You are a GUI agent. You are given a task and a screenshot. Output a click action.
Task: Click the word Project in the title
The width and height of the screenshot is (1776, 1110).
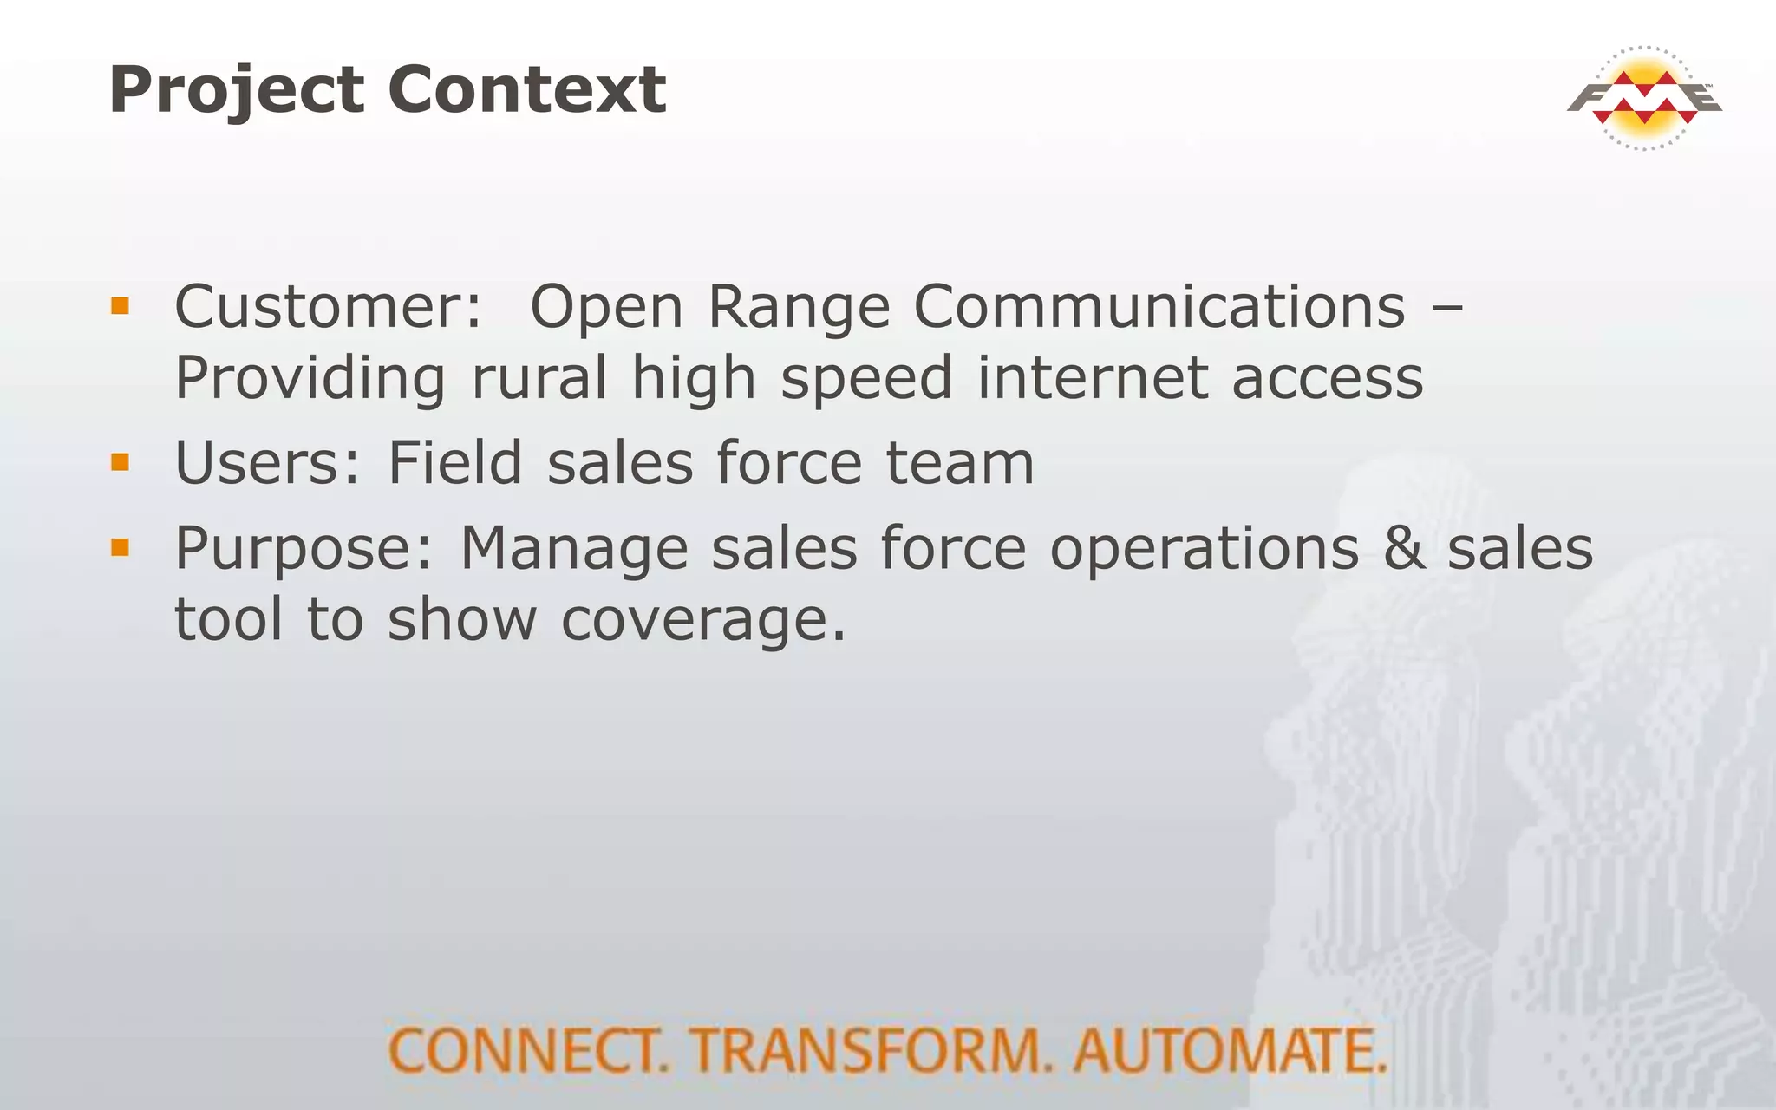pos(236,90)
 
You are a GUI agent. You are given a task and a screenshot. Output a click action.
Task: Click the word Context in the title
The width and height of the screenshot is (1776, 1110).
pos(526,90)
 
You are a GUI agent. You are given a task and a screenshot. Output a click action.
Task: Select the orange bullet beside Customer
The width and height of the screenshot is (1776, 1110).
pos(120,305)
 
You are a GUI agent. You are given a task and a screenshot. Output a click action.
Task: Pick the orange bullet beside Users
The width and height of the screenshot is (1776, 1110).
pos(120,461)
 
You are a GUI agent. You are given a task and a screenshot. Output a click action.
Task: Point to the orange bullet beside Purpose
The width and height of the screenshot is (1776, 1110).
pos(120,547)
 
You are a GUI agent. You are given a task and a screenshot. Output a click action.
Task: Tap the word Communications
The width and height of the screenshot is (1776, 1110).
pos(1159,307)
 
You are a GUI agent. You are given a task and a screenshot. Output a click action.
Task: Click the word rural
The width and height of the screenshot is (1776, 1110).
pos(539,378)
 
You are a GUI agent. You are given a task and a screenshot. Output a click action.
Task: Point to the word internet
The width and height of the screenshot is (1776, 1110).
pos(1092,378)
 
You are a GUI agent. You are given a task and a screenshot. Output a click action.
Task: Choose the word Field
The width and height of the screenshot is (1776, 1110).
pos(454,462)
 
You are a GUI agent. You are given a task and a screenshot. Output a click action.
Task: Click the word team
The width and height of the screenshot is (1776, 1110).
pos(959,463)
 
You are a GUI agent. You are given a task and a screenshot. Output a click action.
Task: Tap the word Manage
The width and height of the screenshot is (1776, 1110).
pos(573,550)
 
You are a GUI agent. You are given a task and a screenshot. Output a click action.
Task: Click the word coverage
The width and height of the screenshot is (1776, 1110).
pos(702,621)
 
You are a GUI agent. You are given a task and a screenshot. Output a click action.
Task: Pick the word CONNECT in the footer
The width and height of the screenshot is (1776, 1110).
pos(528,1050)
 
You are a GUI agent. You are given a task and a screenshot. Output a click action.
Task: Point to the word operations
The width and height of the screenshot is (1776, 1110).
pos(1204,550)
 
